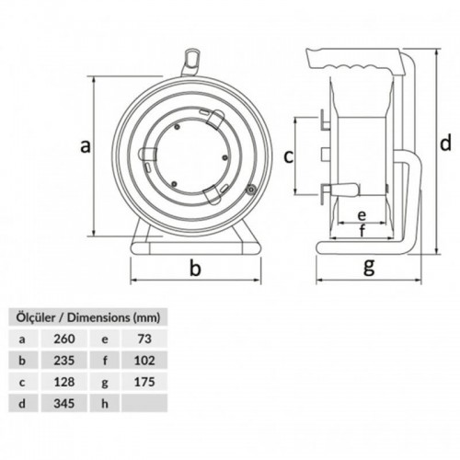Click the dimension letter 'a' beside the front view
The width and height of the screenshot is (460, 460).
pyautogui.click(x=86, y=144)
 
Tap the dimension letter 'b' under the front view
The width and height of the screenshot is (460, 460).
pyautogui.click(x=194, y=268)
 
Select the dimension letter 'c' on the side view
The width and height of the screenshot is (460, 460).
pyautogui.click(x=288, y=155)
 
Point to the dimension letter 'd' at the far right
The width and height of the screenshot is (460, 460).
pyautogui.click(x=444, y=143)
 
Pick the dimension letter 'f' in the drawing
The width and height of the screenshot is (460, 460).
pyautogui.click(x=362, y=231)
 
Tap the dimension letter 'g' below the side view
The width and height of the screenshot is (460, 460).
pyautogui.click(x=369, y=267)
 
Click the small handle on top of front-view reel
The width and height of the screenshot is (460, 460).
pyautogui.click(x=193, y=59)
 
